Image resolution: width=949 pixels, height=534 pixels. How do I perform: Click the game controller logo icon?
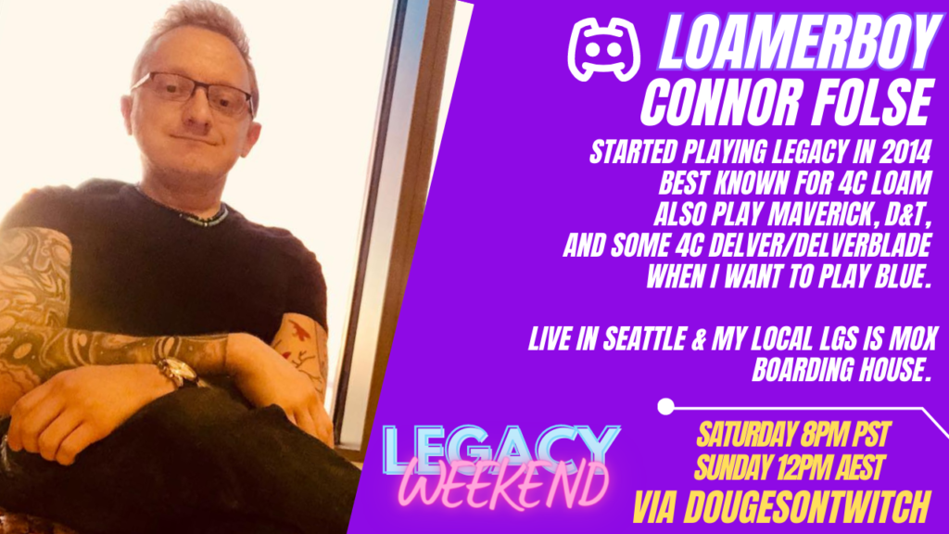603,50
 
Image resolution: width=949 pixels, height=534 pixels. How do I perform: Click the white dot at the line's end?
665,406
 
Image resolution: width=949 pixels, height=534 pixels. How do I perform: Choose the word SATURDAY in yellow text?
746,435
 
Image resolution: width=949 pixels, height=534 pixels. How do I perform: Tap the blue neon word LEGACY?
500,449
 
